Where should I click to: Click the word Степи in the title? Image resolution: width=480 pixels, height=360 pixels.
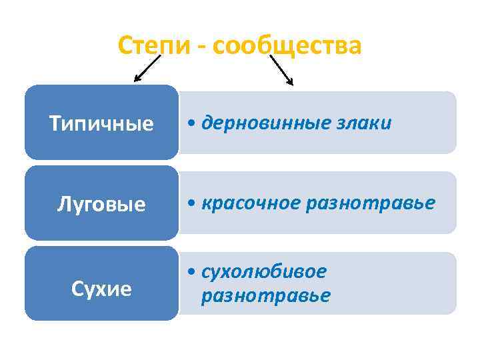click(x=157, y=46)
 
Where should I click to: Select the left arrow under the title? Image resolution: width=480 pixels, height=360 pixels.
click(x=148, y=68)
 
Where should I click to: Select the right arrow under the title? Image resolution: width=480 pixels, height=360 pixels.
click(x=281, y=69)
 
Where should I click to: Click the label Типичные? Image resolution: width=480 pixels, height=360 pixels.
click(x=101, y=124)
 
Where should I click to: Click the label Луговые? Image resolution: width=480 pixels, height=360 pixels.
click(x=101, y=204)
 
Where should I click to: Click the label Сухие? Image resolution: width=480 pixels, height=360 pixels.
click(x=101, y=289)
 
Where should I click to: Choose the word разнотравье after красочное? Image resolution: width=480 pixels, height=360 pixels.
click(x=370, y=202)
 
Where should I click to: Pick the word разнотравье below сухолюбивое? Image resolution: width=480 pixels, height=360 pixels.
click(x=265, y=295)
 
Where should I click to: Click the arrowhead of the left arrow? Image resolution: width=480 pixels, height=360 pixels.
click(x=137, y=79)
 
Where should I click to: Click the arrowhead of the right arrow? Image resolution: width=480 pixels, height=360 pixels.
click(x=290, y=82)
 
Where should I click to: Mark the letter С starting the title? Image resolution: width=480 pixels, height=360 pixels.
click(x=125, y=46)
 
